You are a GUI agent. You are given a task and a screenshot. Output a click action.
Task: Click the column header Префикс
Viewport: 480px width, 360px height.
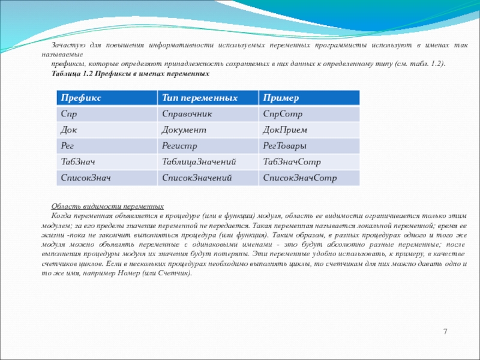(80, 98)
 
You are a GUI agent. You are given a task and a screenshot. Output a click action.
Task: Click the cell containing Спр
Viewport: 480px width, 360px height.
(69, 113)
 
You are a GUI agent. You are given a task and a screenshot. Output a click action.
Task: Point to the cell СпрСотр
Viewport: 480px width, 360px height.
(283, 113)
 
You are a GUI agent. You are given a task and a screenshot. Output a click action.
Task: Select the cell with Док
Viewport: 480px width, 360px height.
(70, 130)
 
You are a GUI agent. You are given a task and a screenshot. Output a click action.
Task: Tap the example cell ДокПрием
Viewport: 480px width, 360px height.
(286, 130)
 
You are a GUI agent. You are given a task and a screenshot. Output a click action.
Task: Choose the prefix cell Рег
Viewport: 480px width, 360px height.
(68, 146)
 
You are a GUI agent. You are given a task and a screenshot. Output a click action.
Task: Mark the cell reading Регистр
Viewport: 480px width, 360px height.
(179, 146)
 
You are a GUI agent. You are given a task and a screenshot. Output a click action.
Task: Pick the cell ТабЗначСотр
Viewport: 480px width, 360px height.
(292, 162)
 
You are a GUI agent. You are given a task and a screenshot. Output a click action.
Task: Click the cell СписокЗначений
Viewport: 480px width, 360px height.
(197, 178)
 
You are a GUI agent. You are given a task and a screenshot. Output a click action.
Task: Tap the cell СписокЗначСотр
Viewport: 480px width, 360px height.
(300, 178)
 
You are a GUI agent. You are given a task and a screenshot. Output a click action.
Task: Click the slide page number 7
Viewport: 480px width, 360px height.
(446, 332)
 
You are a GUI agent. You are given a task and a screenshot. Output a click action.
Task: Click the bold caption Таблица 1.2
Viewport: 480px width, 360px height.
(130, 73)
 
